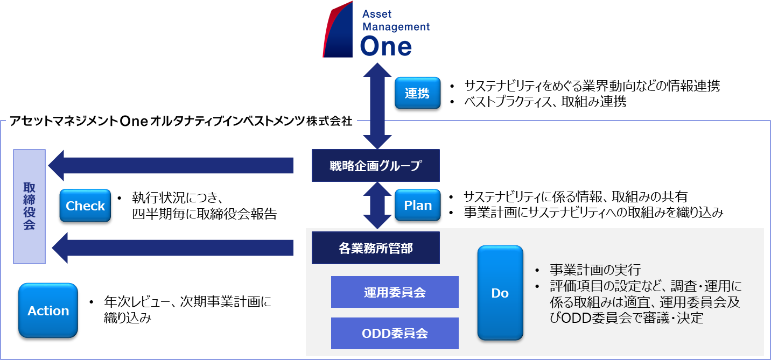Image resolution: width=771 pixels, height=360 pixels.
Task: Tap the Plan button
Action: point(417,206)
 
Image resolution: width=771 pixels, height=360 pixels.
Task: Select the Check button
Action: point(85,206)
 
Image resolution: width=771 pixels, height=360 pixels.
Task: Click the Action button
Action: point(48,310)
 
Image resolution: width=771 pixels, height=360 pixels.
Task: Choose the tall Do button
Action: point(500,293)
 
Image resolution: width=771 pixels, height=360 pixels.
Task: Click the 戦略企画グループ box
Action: point(376,165)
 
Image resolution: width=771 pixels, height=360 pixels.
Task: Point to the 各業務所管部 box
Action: point(376,248)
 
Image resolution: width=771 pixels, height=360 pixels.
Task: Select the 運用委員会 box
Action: point(395,292)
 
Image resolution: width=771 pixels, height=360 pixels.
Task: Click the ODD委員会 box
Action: point(395,333)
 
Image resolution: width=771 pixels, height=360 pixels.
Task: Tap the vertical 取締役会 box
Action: point(29,207)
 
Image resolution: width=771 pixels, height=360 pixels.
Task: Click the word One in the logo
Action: point(385,46)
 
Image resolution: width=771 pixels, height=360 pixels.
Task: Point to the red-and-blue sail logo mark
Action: point(338,30)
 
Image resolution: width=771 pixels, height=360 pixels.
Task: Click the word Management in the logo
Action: point(395,26)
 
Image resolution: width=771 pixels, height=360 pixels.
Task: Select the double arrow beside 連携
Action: point(377,105)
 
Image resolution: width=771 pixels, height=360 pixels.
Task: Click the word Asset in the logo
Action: point(376,13)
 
